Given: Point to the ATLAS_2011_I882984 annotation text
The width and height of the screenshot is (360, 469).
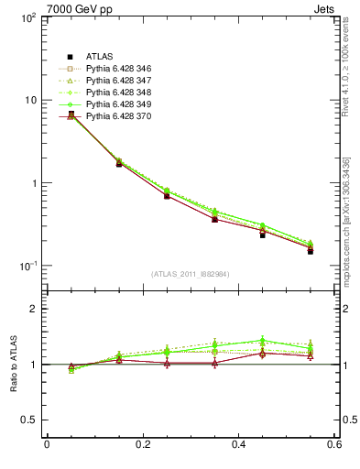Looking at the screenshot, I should pyautogui.click(x=191, y=274).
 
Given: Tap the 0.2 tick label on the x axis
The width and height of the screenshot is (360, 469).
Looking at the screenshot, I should pyautogui.click(x=143, y=446).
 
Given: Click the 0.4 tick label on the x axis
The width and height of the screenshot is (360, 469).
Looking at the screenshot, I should pyautogui.click(x=239, y=446).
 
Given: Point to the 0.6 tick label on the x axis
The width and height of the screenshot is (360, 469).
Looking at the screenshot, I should pyautogui.click(x=335, y=446).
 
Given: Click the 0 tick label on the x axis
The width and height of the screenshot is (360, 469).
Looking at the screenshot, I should pyautogui.click(x=47, y=446).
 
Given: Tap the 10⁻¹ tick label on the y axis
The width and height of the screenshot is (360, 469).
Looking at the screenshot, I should pyautogui.click(x=27, y=266).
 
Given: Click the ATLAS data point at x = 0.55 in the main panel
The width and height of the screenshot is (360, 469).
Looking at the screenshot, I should pyautogui.click(x=311, y=250).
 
